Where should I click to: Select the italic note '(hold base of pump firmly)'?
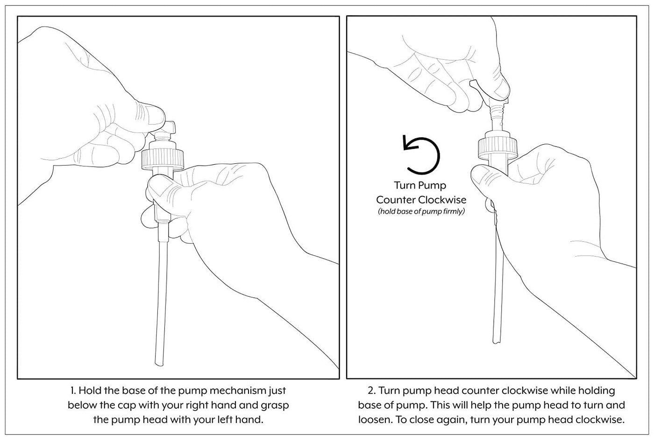coord(421,212)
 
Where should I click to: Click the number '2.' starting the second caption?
coord(372,391)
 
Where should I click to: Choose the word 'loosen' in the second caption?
coord(375,419)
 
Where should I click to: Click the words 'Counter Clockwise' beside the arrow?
coord(421,200)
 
